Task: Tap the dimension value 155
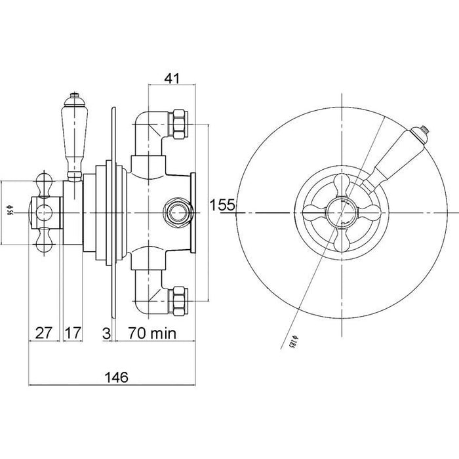tap(222, 205)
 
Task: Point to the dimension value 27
tap(44, 333)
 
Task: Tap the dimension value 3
tap(106, 333)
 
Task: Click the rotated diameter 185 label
tap(289, 339)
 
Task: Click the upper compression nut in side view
tap(178, 124)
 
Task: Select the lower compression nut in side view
tap(178, 298)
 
